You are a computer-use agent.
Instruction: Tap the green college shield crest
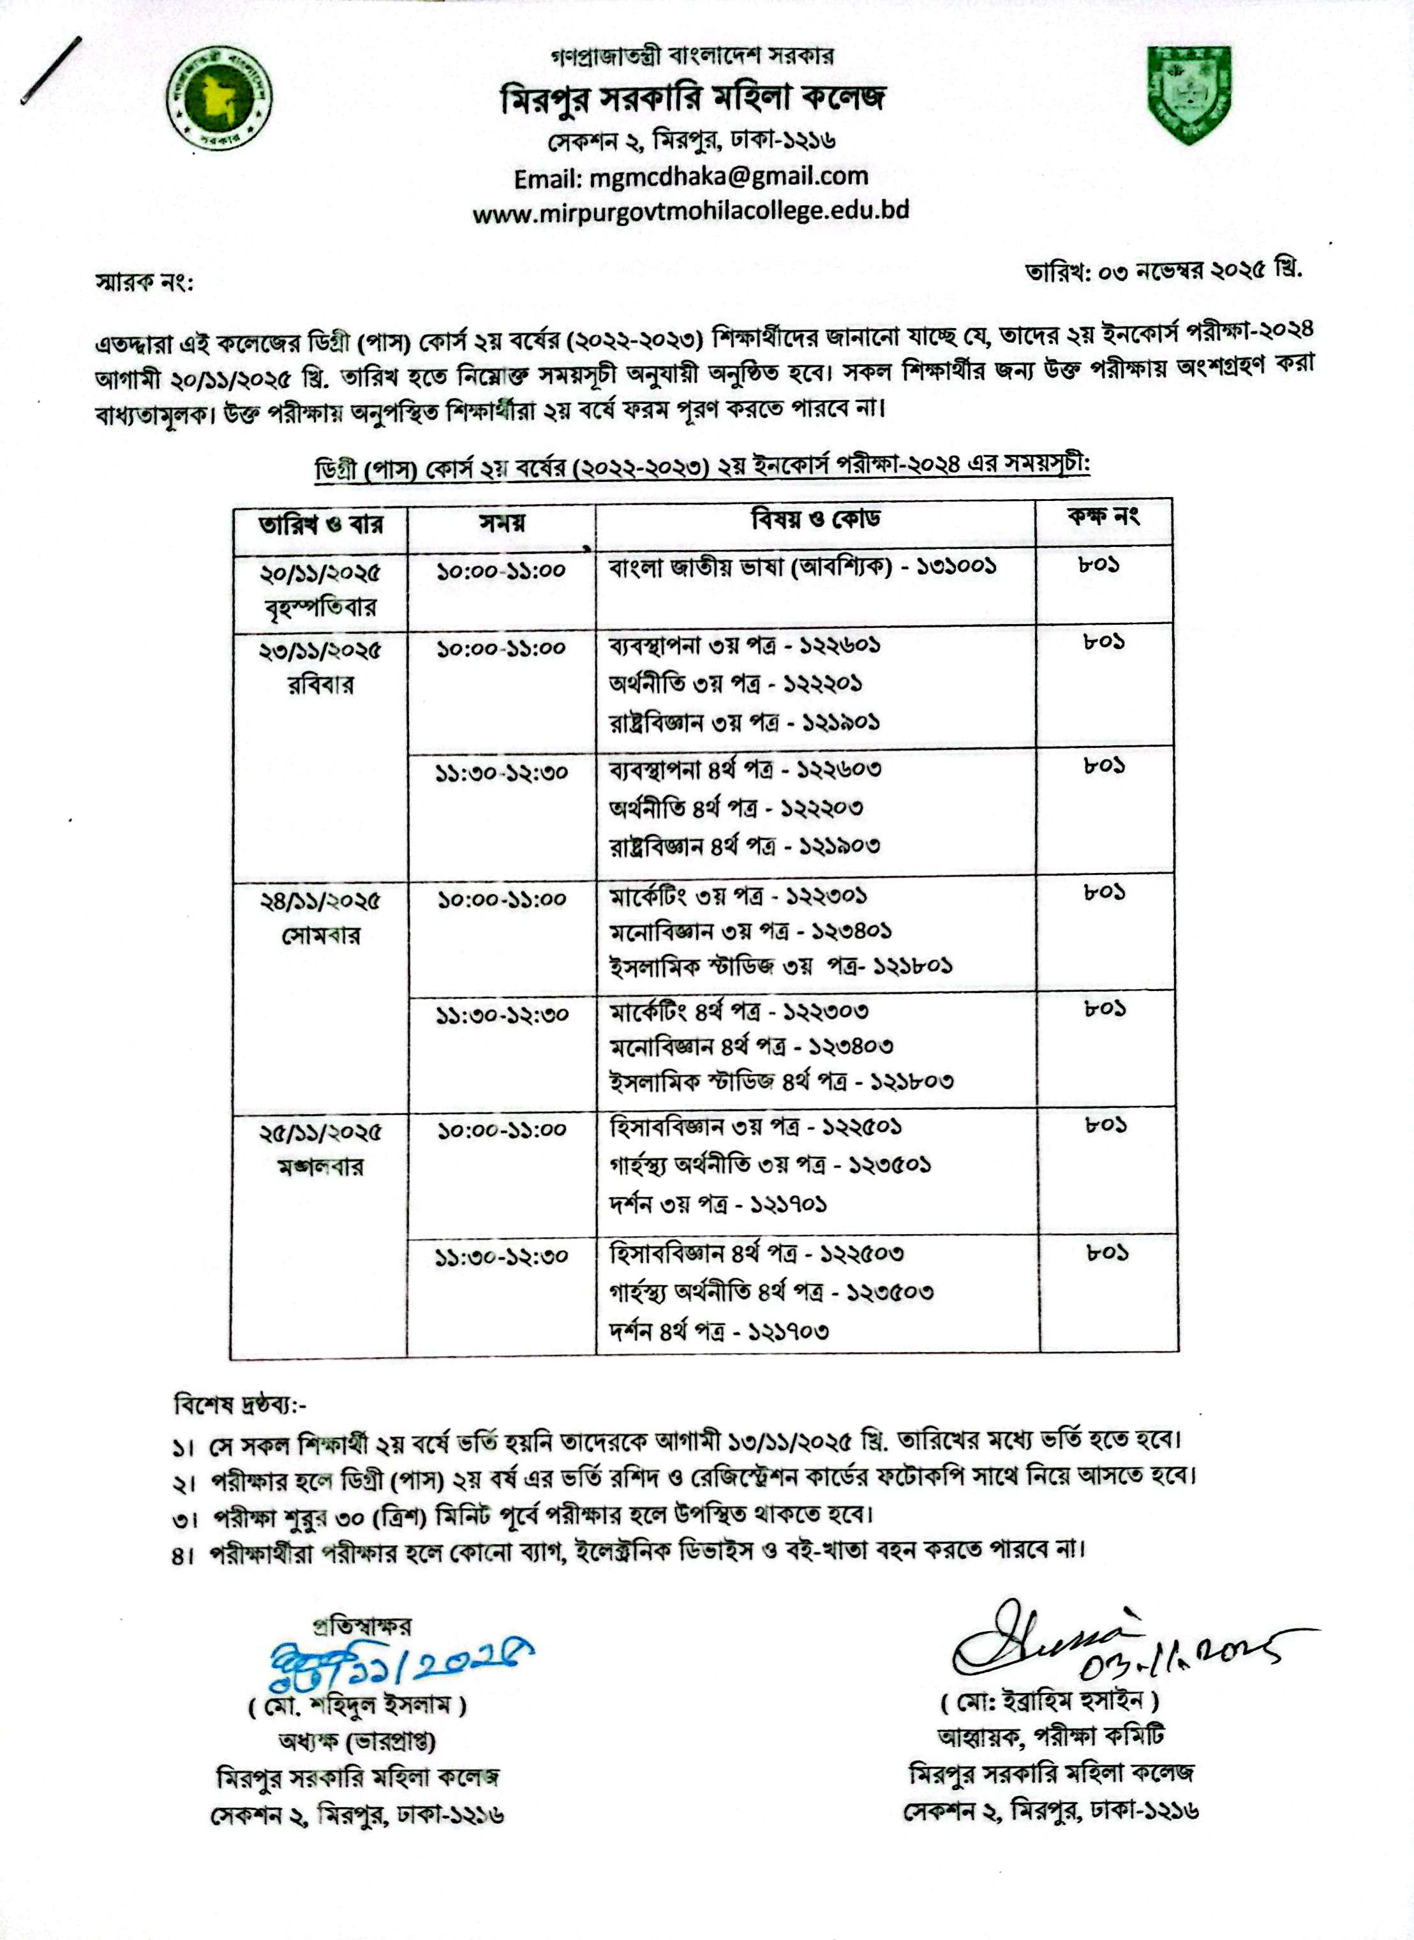[1190, 95]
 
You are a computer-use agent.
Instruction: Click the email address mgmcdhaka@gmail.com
[691, 177]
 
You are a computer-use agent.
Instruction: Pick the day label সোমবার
[321, 936]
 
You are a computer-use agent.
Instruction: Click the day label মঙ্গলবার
[321, 1168]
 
